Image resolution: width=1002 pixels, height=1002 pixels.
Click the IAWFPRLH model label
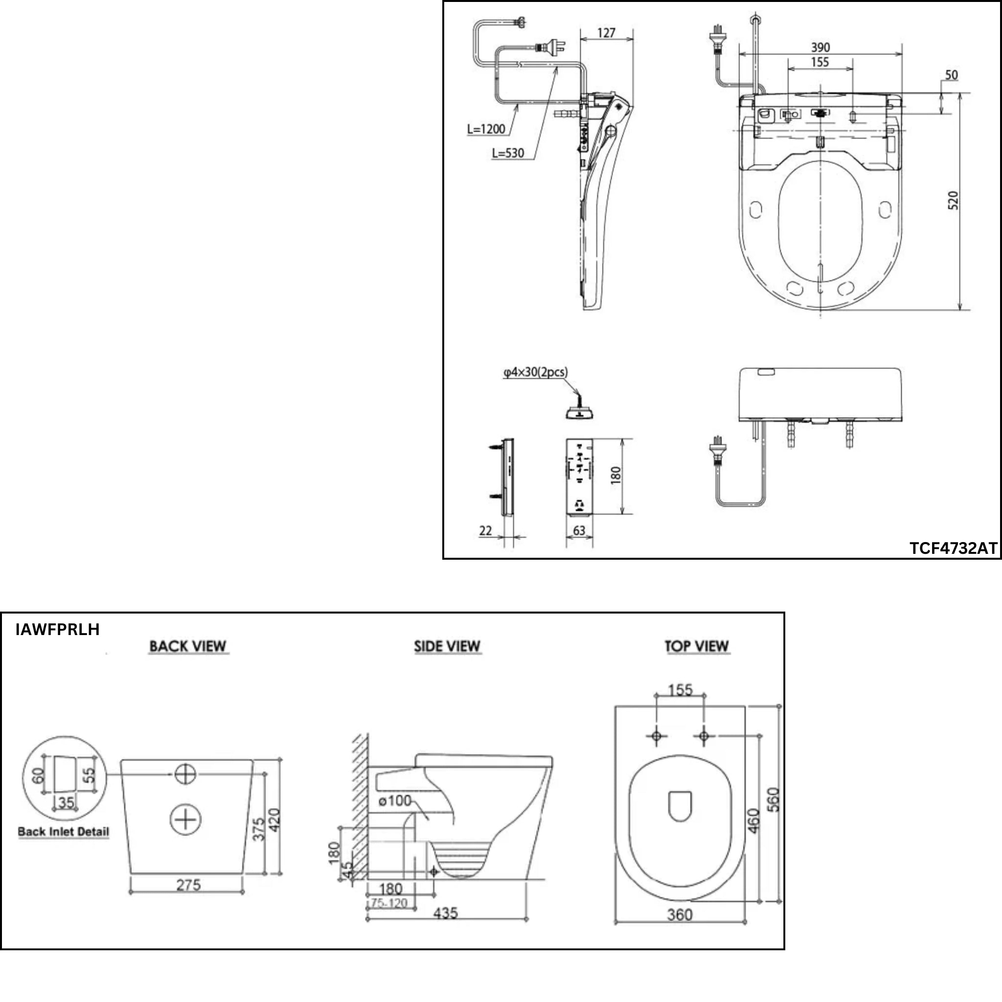58,630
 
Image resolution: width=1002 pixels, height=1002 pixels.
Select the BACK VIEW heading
188,646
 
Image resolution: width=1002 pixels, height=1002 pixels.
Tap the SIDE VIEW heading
447,646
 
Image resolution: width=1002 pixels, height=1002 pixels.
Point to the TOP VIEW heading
697,646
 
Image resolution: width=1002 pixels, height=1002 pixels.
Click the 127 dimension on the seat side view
606,33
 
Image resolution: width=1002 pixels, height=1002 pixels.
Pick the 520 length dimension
953,200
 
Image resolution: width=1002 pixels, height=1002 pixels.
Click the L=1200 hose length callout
486,129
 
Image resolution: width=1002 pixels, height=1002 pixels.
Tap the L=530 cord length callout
508,153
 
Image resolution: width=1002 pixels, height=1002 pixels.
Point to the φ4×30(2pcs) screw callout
535,372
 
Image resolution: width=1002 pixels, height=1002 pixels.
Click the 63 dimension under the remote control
579,530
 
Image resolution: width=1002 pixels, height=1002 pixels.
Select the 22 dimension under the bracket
485,530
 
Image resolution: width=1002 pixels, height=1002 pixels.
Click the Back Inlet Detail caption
63,832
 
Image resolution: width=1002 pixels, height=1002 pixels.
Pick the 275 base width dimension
188,885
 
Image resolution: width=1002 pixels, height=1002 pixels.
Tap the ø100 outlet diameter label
395,801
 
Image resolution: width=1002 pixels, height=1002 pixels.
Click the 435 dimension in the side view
446,913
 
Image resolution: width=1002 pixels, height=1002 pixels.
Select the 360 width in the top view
680,914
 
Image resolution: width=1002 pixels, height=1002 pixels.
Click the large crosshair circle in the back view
185,820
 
